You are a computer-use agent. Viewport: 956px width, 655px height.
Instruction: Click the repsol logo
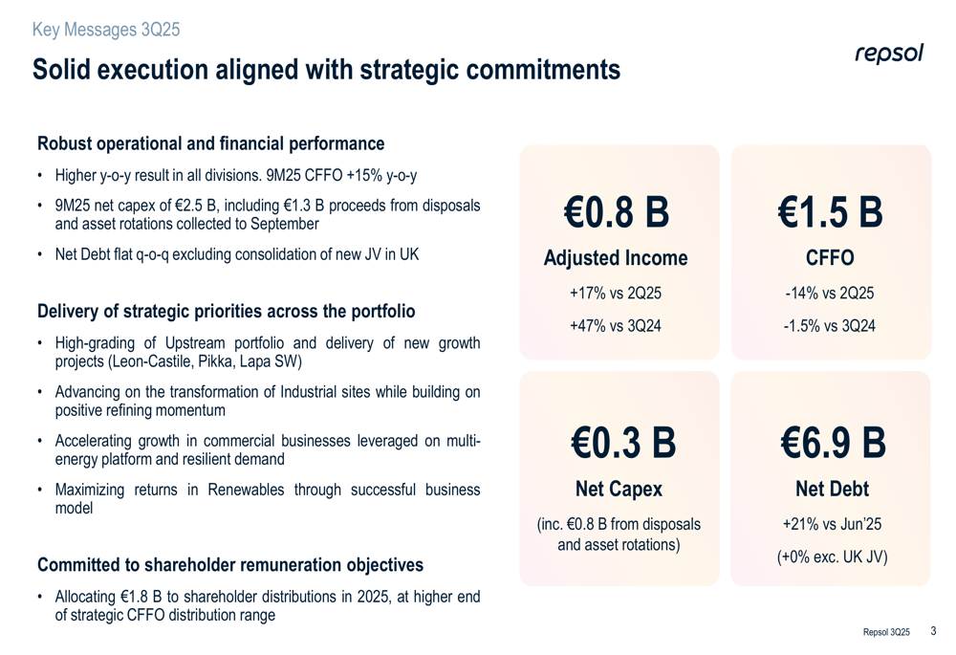[888, 54]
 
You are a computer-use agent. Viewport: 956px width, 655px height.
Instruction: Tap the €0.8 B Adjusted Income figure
[615, 213]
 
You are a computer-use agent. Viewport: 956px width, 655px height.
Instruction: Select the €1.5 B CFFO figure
[830, 213]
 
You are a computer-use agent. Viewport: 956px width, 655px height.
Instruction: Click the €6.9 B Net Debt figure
[832, 443]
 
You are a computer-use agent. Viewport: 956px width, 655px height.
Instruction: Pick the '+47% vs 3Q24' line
[615, 325]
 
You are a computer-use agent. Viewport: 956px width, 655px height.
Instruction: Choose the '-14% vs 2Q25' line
[830, 294]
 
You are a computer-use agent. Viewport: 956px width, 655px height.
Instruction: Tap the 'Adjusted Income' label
[615, 258]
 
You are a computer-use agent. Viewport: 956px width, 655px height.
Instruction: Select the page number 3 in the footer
[933, 630]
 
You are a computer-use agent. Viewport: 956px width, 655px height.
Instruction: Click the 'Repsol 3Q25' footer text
[886, 632]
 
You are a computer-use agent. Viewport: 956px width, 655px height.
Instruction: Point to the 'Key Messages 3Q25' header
[106, 30]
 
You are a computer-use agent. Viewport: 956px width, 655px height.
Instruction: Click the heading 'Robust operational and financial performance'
[210, 144]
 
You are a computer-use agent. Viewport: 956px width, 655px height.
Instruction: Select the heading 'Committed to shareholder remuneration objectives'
[229, 565]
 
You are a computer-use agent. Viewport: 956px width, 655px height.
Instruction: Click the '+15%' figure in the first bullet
[361, 176]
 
